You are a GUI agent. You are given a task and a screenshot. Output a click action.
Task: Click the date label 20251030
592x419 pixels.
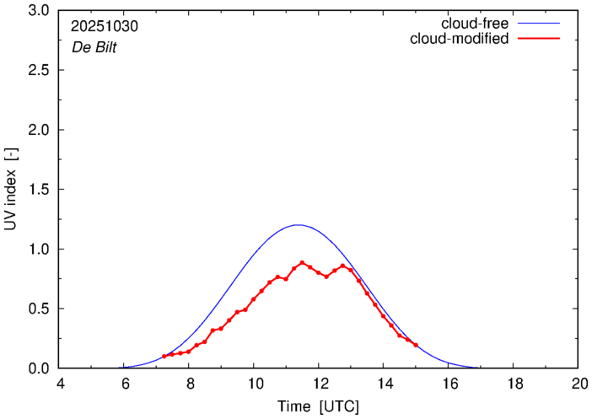pos(105,26)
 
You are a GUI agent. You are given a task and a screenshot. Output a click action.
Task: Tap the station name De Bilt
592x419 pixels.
pos(94,47)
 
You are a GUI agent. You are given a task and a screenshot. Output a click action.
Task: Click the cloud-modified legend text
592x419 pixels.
pos(459,39)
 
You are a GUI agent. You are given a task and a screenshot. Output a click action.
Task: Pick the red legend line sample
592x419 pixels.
pos(541,40)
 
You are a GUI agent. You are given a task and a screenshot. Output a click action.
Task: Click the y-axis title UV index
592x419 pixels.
pos(12,190)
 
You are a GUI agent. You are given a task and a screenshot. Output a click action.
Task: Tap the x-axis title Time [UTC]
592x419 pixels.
pos(319,406)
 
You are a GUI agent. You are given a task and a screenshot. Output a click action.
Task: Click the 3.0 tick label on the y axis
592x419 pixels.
pos(39,11)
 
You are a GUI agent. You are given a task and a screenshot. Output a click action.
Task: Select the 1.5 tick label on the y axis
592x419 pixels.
pos(39,190)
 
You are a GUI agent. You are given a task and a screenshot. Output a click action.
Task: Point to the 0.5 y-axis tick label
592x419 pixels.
pos(39,309)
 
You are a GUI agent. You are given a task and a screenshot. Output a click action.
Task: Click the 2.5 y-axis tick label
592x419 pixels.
pos(39,71)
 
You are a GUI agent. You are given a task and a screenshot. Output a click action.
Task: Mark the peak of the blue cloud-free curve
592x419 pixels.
pos(297,225)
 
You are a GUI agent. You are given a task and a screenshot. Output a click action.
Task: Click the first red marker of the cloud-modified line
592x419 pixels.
pos(164,357)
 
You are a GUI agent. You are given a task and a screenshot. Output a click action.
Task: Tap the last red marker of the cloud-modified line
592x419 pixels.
pos(416,345)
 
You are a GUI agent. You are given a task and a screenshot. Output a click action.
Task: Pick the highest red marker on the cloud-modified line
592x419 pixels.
pos(302,263)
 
